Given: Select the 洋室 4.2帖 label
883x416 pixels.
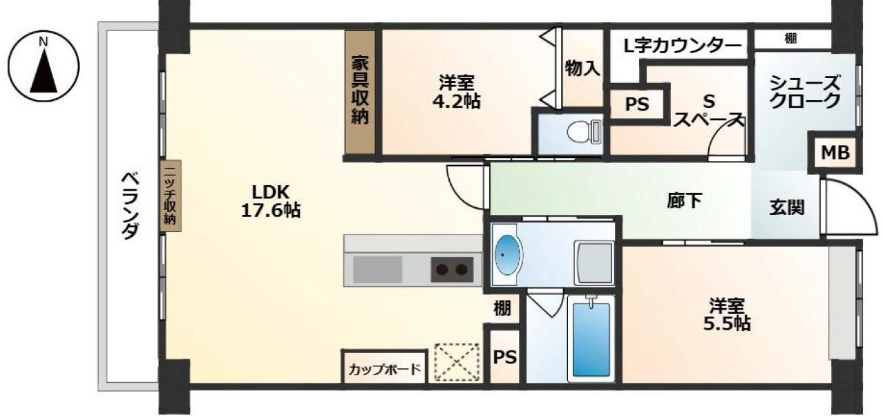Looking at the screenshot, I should pyautogui.click(x=459, y=92).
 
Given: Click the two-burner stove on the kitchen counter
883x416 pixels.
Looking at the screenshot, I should pyautogui.click(x=453, y=268).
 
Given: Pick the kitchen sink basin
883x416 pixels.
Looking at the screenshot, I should pyautogui.click(x=378, y=268).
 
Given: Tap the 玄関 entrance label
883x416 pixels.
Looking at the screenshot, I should pyautogui.click(x=787, y=207).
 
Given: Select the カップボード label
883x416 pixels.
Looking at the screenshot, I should pyautogui.click(x=384, y=368).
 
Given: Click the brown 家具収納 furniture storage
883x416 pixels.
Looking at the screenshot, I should pyautogui.click(x=360, y=92).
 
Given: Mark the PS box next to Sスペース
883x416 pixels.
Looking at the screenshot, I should pyautogui.click(x=637, y=104).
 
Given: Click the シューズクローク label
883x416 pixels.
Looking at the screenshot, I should pyautogui.click(x=806, y=92).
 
